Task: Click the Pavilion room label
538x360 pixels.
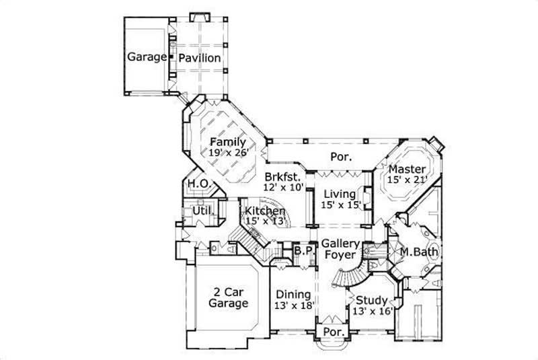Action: tap(199, 58)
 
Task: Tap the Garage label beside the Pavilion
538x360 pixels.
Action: tap(147, 57)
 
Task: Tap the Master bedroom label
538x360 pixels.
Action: tap(406, 168)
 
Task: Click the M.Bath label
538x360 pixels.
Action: tap(420, 252)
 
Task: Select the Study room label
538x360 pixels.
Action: tap(371, 300)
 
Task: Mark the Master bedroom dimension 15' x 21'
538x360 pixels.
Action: tap(406, 180)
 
